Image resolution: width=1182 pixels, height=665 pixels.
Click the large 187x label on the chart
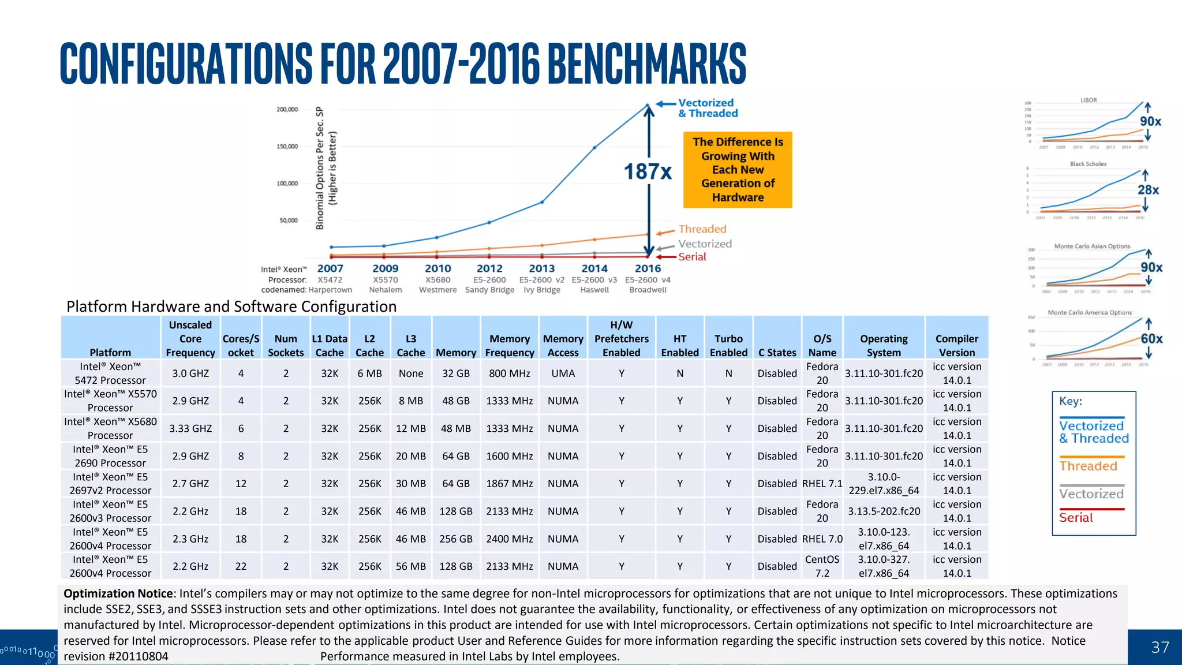648,171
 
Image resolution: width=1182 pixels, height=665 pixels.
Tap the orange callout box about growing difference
738,170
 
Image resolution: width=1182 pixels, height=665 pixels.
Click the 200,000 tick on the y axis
287,109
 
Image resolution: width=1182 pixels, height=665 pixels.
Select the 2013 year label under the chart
541,268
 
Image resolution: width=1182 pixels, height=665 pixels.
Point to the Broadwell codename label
648,290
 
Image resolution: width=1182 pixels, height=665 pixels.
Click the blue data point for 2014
594,148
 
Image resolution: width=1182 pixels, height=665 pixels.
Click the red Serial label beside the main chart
692,257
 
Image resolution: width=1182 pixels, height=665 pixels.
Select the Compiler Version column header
956,345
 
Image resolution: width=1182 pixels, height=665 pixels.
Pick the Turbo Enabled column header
728,345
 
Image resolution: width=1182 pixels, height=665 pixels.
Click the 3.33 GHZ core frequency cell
190,428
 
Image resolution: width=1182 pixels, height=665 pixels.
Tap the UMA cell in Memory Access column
563,373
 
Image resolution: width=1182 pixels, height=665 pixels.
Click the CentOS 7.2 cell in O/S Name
822,566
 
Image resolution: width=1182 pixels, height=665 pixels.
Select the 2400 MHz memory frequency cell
509,539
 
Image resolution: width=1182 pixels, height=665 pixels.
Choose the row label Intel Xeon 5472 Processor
110,373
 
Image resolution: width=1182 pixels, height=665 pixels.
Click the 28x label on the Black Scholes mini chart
1148,190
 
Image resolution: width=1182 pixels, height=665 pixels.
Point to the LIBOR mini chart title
1089,100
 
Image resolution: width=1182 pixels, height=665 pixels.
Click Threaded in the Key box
1088,466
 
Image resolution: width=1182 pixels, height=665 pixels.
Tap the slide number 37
1159,647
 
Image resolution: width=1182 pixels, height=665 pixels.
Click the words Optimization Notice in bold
118,593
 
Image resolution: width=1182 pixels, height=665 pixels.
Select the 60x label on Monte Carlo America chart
1151,339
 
